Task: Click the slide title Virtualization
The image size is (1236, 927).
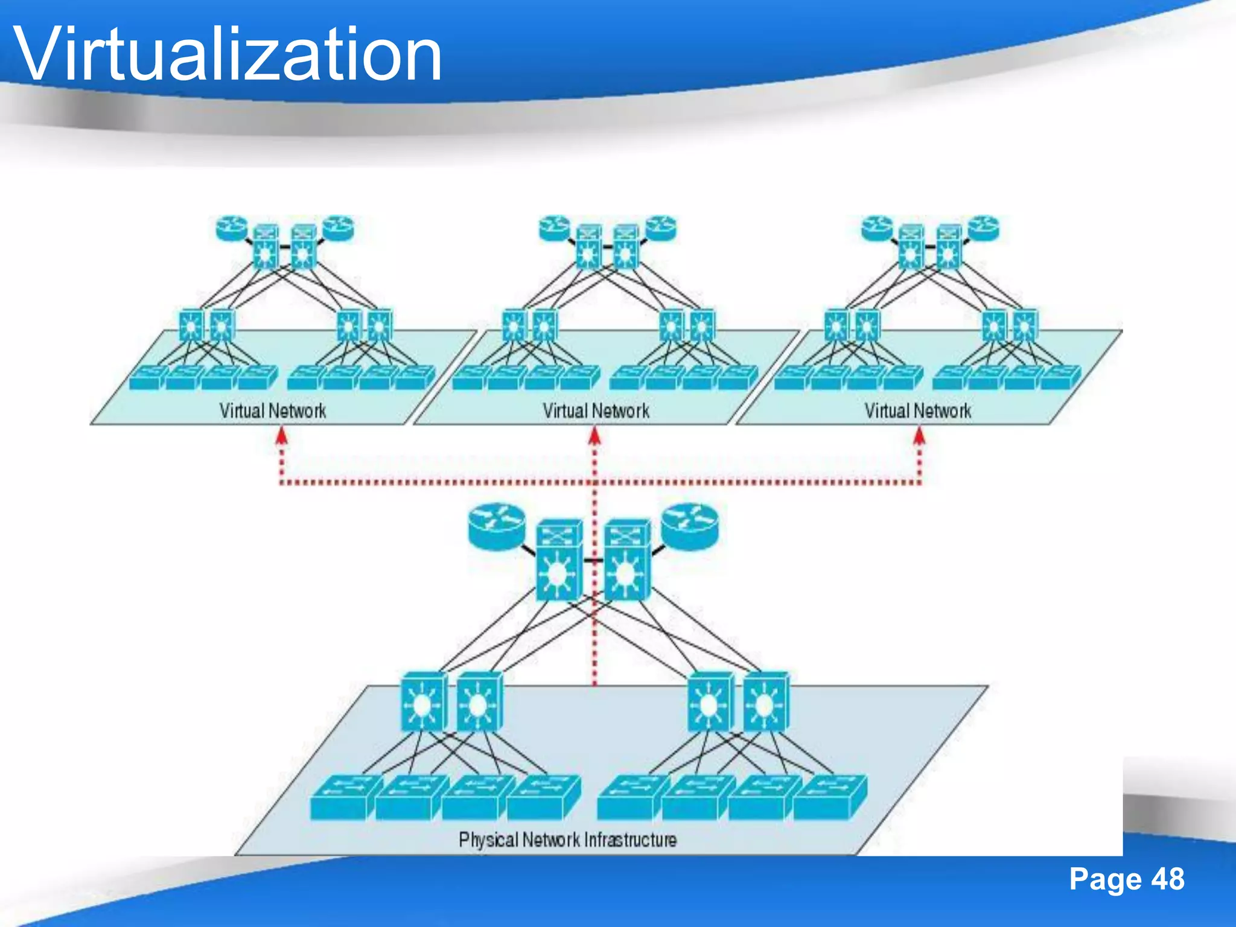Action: click(x=228, y=56)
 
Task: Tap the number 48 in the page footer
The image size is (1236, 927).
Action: click(x=1167, y=879)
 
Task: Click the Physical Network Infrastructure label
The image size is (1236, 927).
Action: click(x=567, y=839)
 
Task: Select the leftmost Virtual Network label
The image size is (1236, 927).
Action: click(x=272, y=411)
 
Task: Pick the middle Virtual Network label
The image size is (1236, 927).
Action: click(x=596, y=411)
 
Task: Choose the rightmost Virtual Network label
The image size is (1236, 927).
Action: click(x=917, y=411)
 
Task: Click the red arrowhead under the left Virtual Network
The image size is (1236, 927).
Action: click(x=281, y=436)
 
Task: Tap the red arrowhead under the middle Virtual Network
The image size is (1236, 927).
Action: click(x=594, y=436)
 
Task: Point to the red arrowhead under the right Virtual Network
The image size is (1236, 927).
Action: click(x=919, y=436)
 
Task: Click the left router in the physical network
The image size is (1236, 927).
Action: click(x=497, y=527)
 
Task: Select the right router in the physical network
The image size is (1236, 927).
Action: click(x=690, y=527)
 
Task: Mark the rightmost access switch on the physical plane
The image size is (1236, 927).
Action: click(x=830, y=798)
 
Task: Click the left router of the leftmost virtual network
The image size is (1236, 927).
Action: click(x=232, y=229)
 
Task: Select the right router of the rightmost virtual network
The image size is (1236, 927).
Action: click(x=984, y=229)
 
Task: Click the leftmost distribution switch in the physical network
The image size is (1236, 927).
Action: click(x=423, y=702)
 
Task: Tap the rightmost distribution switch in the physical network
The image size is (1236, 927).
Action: click(x=765, y=702)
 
